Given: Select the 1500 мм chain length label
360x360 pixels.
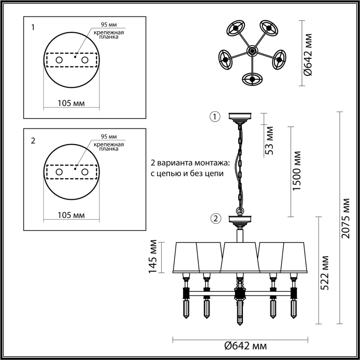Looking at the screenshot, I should [297, 171].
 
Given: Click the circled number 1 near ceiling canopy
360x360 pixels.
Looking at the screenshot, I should [215, 117].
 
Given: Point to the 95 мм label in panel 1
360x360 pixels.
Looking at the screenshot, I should [108, 25].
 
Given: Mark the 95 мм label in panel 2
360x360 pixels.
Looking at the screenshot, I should [108, 136].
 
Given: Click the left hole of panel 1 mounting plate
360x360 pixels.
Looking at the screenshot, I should [59, 60].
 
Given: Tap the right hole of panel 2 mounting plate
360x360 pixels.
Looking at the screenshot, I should [85, 172].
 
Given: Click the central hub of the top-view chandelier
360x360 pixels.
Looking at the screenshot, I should [252, 51].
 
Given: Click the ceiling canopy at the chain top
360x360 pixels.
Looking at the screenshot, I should [240, 116].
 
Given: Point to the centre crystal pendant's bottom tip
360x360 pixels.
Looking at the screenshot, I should [239, 324].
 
